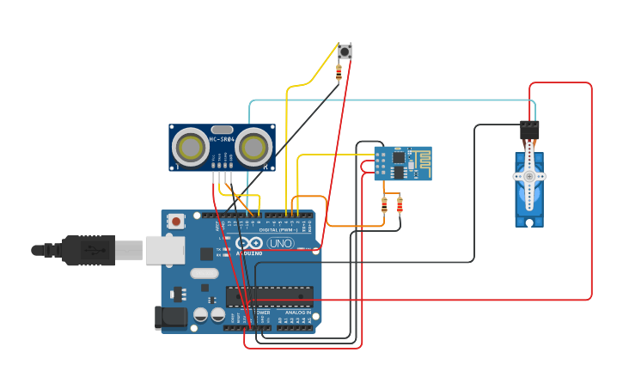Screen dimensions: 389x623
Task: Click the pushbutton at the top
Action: [x=345, y=52]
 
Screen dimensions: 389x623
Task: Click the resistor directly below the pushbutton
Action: [x=339, y=74]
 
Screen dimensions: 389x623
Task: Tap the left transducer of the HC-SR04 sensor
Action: [x=189, y=147]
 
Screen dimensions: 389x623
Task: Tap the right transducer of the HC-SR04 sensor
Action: [x=254, y=147]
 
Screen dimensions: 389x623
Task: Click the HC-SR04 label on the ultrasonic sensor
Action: [x=222, y=139]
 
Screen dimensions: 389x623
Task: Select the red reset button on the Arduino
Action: [x=176, y=221]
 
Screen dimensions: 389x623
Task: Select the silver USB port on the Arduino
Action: [x=164, y=250]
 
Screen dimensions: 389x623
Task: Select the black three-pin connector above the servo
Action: [x=529, y=130]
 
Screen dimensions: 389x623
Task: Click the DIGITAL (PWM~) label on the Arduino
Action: [x=279, y=229]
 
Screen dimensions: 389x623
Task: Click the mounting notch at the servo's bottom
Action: [x=529, y=222]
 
